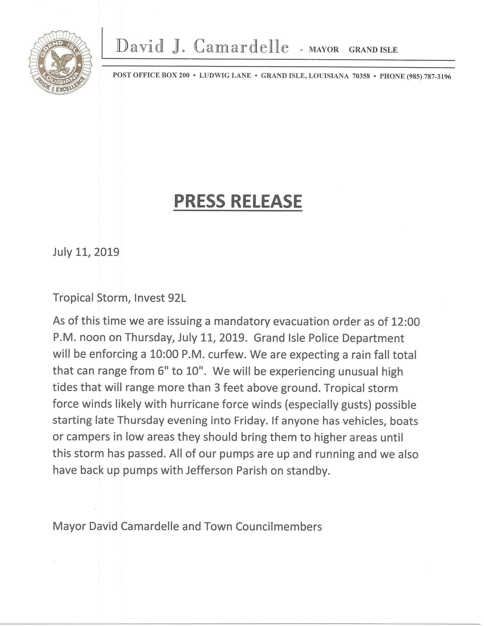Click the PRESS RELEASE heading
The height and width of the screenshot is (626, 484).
coord(238,201)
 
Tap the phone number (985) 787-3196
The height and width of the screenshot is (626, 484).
coord(429,77)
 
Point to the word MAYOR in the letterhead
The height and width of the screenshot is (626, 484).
coord(324,50)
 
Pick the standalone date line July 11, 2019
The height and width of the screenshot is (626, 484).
coord(86,252)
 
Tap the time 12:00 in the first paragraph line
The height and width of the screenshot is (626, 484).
coord(405,322)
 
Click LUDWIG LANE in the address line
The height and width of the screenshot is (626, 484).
coord(225,76)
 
